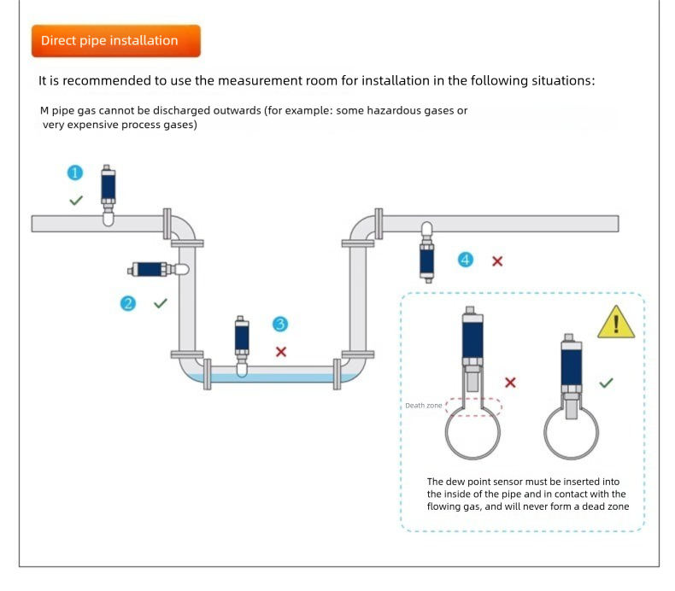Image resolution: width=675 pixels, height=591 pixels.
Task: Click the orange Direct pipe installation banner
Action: [115, 41]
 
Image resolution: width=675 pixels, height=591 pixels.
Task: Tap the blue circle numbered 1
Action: [76, 173]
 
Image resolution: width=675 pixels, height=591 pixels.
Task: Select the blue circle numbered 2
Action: [129, 302]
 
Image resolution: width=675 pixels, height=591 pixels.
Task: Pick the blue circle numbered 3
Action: [280, 324]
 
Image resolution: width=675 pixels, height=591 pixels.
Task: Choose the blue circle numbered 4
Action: [466, 259]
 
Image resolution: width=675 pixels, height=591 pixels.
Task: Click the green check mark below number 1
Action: [76, 200]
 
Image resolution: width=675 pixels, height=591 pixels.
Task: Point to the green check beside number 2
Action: [160, 302]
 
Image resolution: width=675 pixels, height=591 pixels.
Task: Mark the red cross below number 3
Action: [280, 351]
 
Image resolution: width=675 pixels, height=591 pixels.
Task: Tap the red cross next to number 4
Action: [496, 260]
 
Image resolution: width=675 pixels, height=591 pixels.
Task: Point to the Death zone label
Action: [423, 405]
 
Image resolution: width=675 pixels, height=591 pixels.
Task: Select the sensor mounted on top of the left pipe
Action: [108, 193]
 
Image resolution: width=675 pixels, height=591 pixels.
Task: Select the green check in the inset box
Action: [606, 383]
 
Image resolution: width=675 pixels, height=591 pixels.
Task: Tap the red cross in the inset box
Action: [510, 382]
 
